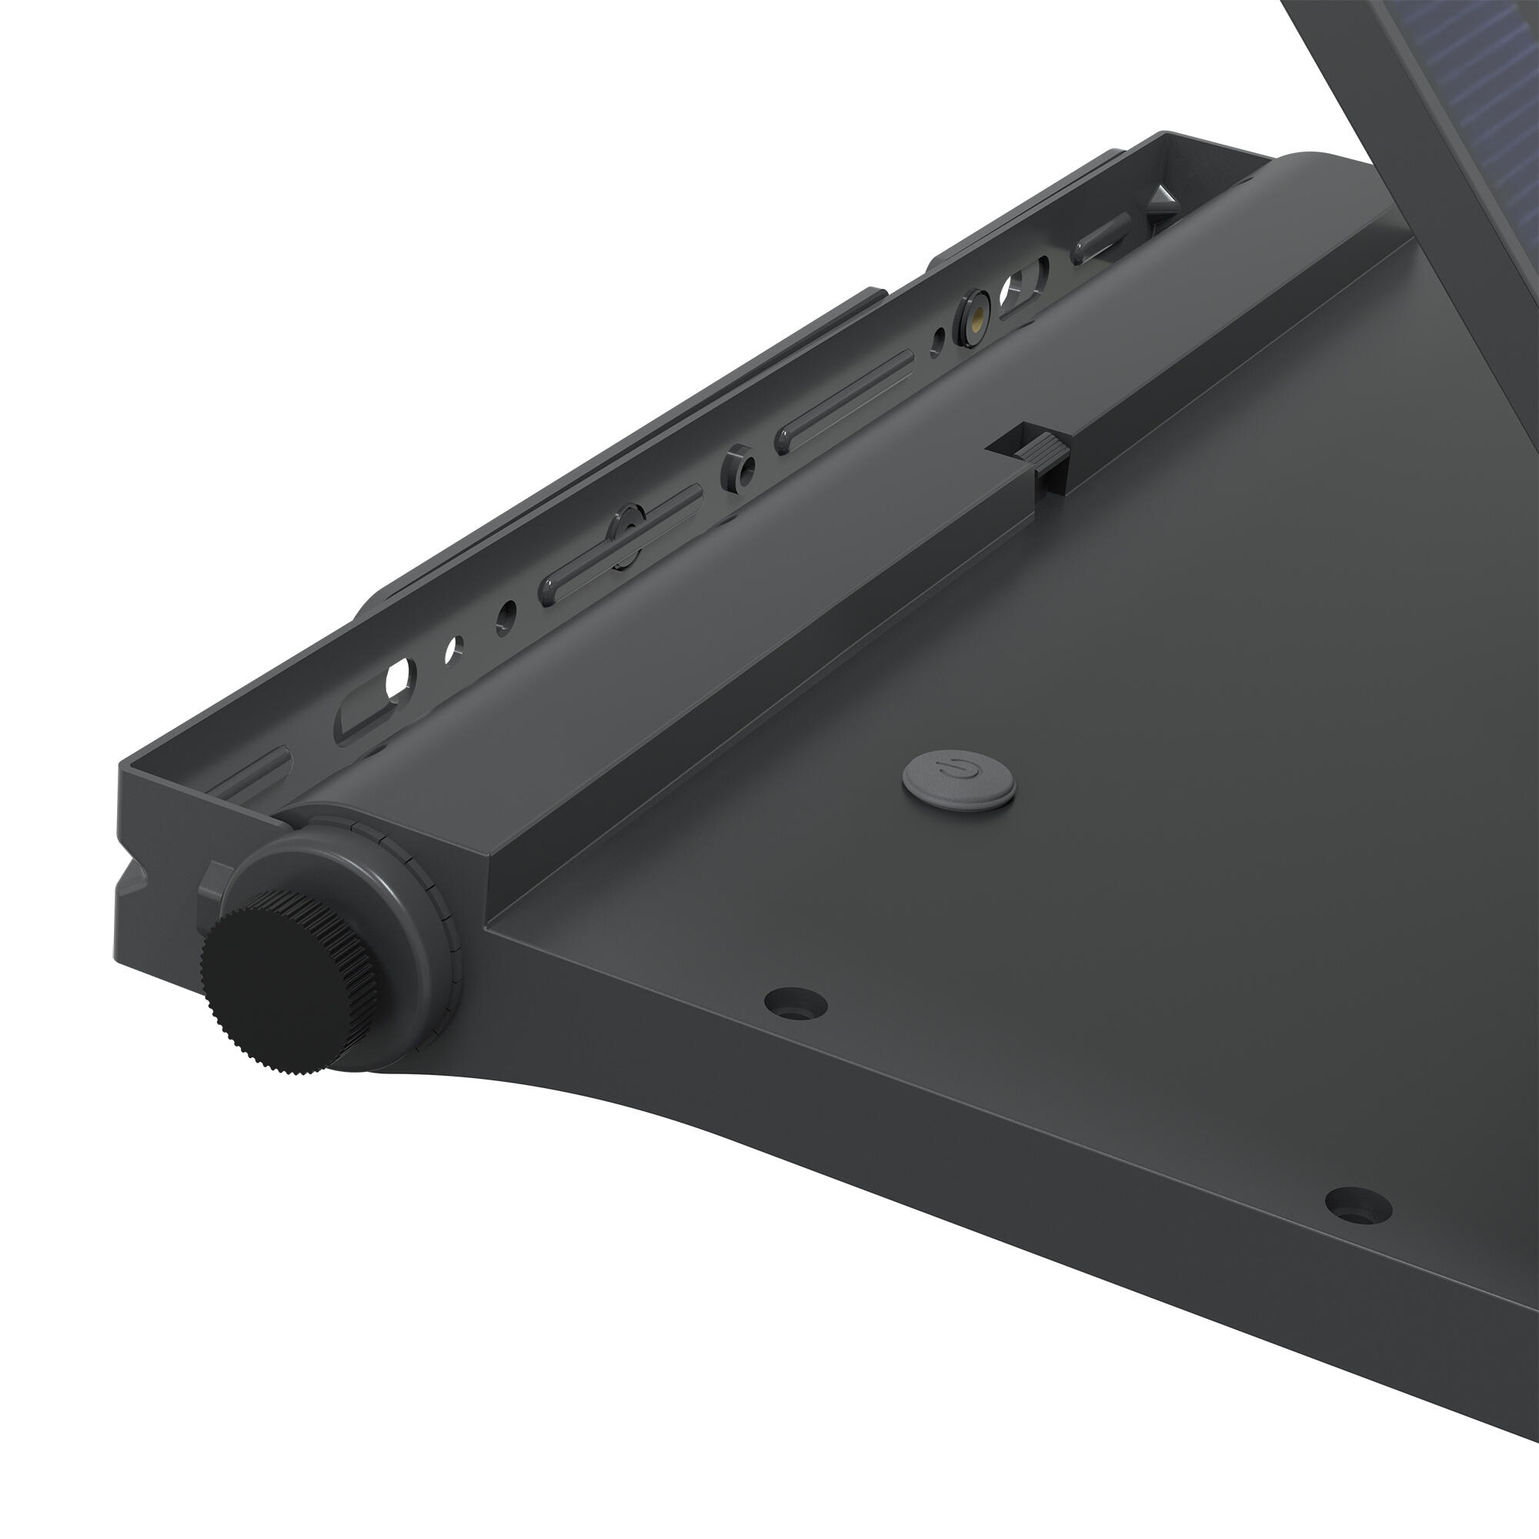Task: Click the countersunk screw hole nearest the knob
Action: pyautogui.click(x=794, y=1001)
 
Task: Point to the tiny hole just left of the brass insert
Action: pyautogui.click(x=940, y=339)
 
